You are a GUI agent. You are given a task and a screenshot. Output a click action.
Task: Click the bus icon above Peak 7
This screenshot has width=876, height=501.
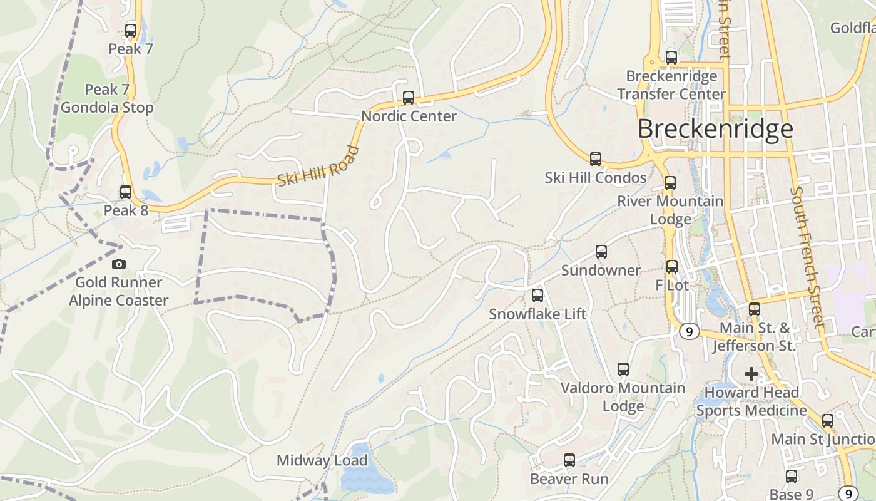click(x=131, y=30)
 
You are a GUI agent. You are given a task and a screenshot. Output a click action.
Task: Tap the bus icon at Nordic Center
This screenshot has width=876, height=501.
click(x=409, y=97)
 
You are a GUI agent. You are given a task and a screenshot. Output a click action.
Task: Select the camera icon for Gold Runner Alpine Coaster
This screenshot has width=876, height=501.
click(x=118, y=264)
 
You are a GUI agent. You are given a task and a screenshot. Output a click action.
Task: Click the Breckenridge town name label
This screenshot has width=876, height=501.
click(x=715, y=129)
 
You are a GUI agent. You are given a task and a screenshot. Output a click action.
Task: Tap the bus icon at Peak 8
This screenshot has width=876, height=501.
click(x=126, y=192)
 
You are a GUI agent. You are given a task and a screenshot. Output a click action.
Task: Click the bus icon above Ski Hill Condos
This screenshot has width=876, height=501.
click(x=596, y=158)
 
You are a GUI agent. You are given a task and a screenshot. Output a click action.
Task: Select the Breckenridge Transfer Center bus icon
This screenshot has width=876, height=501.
click(x=671, y=57)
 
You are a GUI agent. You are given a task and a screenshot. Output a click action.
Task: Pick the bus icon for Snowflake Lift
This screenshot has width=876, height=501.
click(x=537, y=295)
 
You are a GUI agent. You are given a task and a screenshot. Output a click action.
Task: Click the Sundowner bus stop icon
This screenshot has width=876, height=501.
click(x=601, y=251)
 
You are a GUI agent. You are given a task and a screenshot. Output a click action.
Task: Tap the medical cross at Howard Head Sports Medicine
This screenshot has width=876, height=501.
click(x=751, y=374)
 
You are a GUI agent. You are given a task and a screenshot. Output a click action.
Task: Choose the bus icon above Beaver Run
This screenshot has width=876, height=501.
click(x=569, y=460)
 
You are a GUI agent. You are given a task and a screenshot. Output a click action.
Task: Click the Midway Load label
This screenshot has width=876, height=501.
click(x=322, y=461)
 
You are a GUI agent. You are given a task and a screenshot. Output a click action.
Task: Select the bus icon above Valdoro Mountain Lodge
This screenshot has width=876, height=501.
click(x=623, y=369)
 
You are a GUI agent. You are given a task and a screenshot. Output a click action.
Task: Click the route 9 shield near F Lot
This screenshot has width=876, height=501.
click(x=689, y=331)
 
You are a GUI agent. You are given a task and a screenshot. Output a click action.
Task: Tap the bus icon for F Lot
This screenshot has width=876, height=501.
click(x=672, y=266)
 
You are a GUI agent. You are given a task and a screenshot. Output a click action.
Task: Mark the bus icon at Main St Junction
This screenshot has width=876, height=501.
click(x=828, y=420)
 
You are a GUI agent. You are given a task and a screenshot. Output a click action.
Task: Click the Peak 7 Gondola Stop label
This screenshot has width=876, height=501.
click(x=107, y=99)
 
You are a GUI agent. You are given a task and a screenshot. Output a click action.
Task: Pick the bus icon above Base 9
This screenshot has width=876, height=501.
click(x=792, y=476)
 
